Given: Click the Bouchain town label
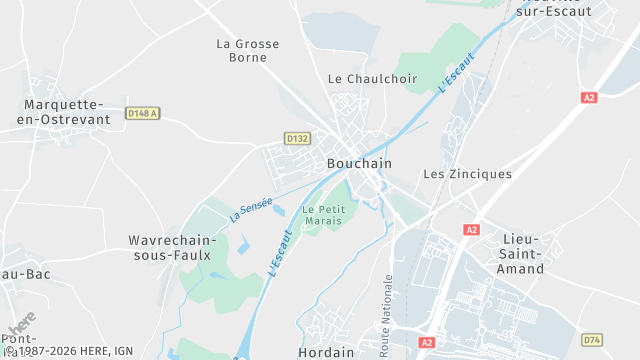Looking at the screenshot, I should (x=359, y=163).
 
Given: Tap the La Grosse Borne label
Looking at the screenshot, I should (x=248, y=50).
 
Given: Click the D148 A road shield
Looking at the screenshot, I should (x=143, y=114).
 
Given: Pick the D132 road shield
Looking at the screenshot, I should (x=297, y=138).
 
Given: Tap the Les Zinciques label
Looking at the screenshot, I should (x=467, y=174).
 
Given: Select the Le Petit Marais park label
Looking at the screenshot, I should (x=323, y=215).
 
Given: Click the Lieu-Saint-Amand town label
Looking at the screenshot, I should (x=520, y=254).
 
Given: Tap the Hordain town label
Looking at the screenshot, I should (x=326, y=352).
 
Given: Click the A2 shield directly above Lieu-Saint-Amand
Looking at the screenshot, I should (x=471, y=230).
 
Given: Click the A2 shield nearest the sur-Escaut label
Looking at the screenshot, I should (x=589, y=98).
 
